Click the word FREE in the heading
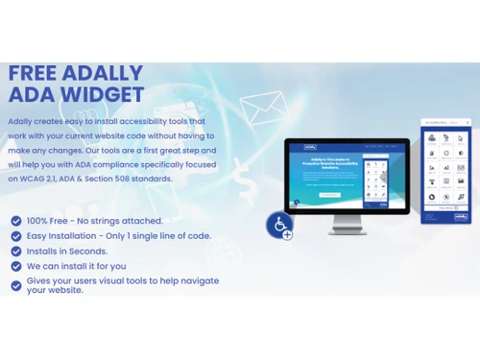(x=34, y=74)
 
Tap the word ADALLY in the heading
(x=104, y=74)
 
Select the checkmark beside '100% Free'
(x=15, y=221)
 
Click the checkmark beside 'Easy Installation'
(x=15, y=236)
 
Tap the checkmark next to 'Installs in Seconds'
(x=15, y=252)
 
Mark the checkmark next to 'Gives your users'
(x=15, y=285)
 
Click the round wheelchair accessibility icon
(x=279, y=225)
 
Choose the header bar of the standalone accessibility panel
(x=445, y=124)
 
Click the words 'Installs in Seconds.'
(x=67, y=252)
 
